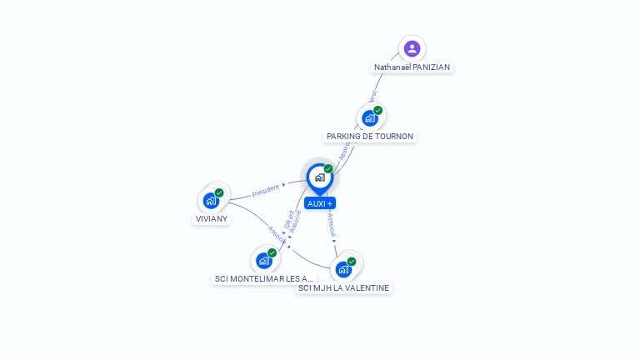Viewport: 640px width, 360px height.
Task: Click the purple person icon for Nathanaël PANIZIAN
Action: [x=412, y=48]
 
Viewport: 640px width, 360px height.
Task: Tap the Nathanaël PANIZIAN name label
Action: [x=412, y=67]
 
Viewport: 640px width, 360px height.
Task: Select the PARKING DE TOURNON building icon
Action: [x=369, y=118]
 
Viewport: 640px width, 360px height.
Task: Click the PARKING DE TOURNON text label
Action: [x=369, y=136]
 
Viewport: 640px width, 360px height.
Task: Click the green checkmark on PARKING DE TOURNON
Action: [x=378, y=110]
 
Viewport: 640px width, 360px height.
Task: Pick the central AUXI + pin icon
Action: [x=319, y=177]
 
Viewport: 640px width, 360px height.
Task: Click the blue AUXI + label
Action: [x=320, y=203]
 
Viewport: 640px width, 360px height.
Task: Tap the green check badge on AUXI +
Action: [x=328, y=168]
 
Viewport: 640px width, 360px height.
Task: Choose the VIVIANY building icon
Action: [x=211, y=201]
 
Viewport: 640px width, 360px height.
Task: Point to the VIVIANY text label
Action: [x=212, y=218]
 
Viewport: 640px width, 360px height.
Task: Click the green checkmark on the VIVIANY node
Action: [x=219, y=192]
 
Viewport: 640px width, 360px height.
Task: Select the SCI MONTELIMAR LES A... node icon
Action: [x=263, y=261]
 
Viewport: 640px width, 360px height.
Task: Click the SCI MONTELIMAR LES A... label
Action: [x=264, y=278]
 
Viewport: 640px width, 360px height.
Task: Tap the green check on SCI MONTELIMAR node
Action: [x=272, y=252]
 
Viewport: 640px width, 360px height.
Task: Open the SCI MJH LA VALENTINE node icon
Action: [x=342, y=269]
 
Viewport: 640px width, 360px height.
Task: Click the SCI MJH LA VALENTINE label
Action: [x=343, y=287]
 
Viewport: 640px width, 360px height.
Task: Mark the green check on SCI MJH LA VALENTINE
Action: [x=352, y=262]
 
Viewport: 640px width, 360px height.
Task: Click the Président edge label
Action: [x=266, y=191]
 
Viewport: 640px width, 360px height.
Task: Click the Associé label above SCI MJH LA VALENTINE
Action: [x=331, y=225]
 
